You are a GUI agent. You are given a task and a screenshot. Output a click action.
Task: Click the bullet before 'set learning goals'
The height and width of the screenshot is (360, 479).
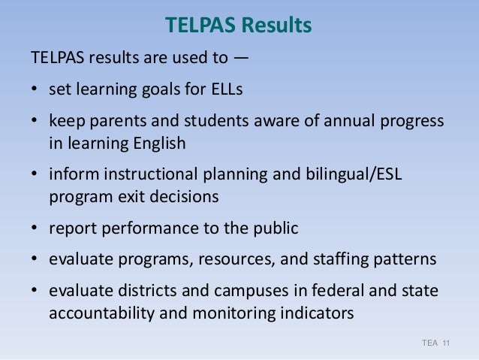tap(35, 90)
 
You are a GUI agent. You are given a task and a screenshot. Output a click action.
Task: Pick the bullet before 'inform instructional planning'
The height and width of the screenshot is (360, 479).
tap(35, 174)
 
